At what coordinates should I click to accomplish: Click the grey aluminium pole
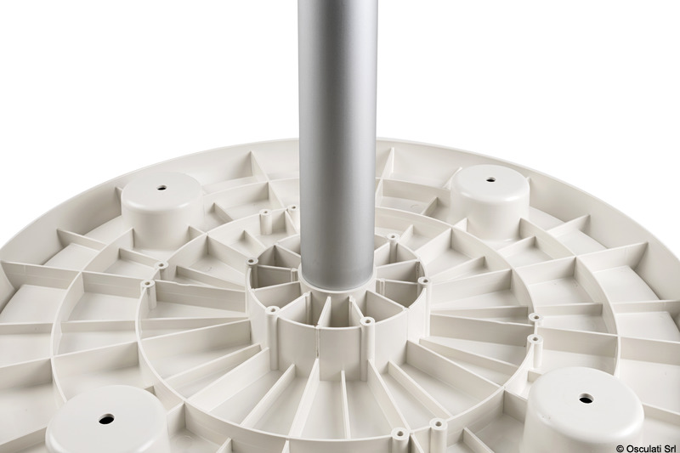337,143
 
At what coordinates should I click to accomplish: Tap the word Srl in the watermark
669,447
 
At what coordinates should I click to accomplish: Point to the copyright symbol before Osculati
620,447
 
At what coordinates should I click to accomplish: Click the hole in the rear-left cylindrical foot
161,188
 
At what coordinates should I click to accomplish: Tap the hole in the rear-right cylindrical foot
490,179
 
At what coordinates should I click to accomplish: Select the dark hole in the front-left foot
106,419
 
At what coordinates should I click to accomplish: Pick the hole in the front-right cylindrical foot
586,398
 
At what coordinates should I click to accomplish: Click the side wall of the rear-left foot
162,225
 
